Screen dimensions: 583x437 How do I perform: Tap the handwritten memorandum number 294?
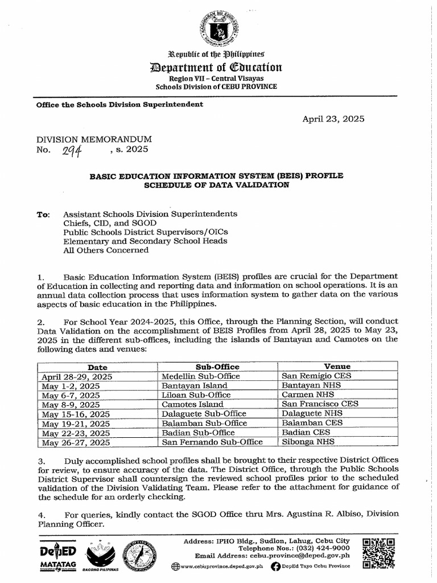point(74,150)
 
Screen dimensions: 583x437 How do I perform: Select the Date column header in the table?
point(97,367)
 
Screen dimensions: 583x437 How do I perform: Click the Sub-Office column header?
point(217,367)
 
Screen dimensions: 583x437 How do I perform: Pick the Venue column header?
point(337,367)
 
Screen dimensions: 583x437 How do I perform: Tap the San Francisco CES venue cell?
point(320,404)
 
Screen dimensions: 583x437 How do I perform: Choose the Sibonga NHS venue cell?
point(308,441)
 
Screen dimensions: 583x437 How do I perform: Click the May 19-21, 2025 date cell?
point(76,423)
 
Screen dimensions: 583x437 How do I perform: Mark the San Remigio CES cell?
point(316,376)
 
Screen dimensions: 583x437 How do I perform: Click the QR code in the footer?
point(378,553)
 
